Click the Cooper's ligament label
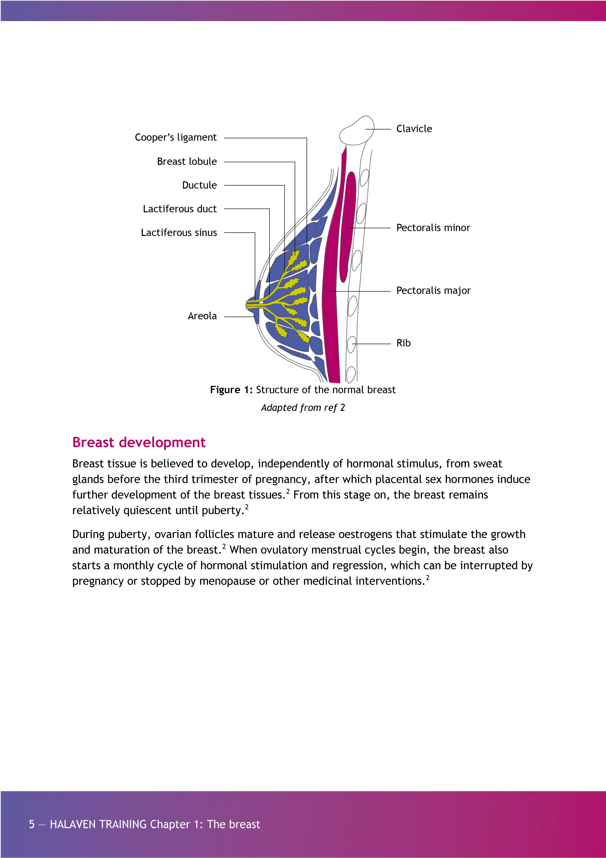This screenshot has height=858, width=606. (x=175, y=138)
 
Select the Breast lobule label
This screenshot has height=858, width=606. (x=187, y=162)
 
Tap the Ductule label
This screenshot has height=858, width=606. (x=199, y=185)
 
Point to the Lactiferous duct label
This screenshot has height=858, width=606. (x=180, y=209)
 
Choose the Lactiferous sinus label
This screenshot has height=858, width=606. (x=179, y=232)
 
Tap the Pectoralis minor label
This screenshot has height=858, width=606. (x=433, y=227)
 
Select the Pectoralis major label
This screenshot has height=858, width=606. (x=433, y=290)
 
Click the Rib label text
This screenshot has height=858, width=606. (x=404, y=343)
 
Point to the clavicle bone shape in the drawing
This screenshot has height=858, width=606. (x=357, y=131)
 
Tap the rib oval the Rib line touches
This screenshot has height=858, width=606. (x=351, y=344)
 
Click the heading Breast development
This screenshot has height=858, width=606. (x=139, y=442)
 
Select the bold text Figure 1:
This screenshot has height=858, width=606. (x=231, y=390)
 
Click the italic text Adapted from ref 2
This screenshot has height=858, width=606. (x=303, y=407)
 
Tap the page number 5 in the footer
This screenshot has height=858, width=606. (x=32, y=824)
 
